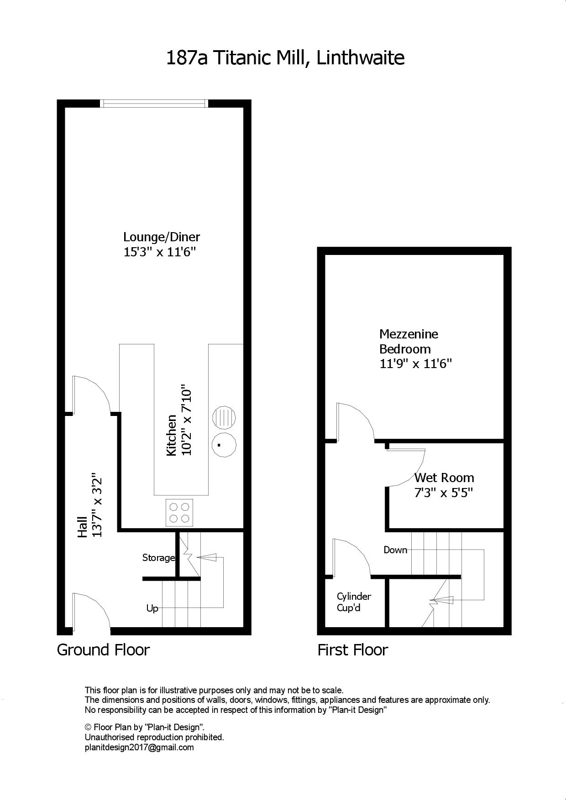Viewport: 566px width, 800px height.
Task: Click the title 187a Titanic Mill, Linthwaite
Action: [x=285, y=58]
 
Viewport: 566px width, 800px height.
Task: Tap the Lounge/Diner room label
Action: [x=162, y=237]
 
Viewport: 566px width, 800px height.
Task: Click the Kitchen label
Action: [x=171, y=435]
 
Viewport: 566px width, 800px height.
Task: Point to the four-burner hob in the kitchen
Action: [x=179, y=512]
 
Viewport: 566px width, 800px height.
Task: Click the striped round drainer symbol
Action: [x=225, y=417]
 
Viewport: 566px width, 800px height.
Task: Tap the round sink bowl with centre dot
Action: [x=225, y=445]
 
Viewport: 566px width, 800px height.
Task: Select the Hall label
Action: [x=83, y=526]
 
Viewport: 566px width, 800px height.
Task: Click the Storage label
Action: [x=158, y=557]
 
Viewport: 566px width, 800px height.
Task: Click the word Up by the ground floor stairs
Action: [x=152, y=608]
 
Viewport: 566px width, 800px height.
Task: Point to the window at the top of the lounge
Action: [x=154, y=104]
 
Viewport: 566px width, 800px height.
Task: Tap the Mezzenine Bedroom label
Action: [x=409, y=341]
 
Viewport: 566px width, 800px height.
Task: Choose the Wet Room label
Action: [x=444, y=478]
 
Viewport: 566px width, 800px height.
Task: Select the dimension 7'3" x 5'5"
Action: [x=443, y=493]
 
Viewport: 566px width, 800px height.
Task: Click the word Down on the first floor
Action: [x=395, y=550]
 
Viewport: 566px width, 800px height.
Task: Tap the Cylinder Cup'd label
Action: [x=354, y=602]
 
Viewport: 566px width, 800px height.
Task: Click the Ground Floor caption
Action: [x=103, y=649]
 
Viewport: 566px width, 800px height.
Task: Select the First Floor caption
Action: [x=353, y=649]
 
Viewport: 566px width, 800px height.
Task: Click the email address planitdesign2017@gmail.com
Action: [x=139, y=748]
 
